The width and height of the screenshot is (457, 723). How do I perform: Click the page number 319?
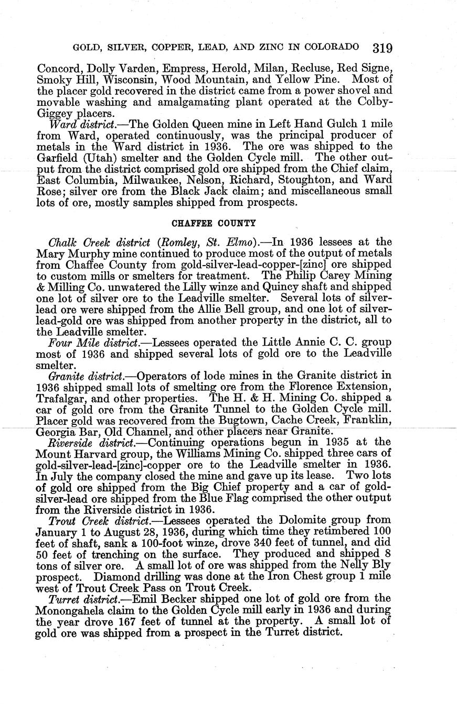pos(382,48)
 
